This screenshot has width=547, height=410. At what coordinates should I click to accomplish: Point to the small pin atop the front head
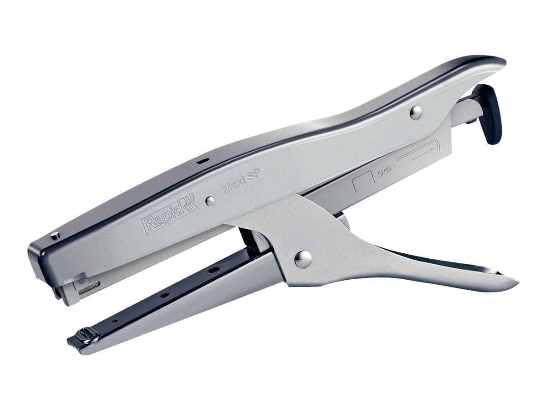[x=55, y=235]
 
